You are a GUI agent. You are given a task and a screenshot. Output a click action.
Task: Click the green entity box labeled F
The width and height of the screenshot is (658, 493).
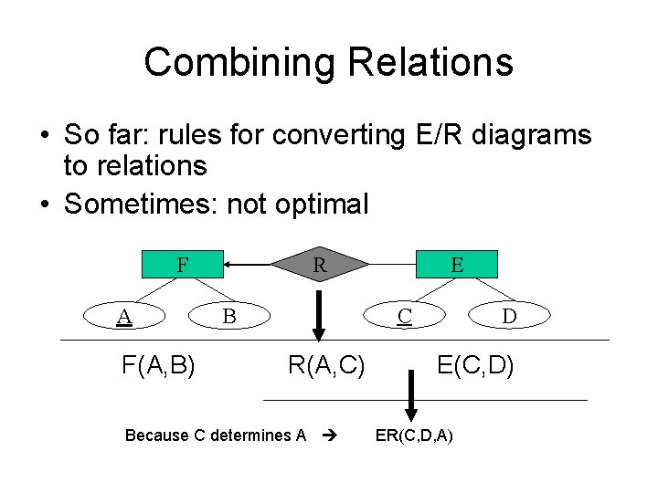click(x=184, y=265)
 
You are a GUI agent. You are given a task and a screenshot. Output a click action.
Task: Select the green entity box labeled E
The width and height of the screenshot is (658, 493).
click(x=457, y=265)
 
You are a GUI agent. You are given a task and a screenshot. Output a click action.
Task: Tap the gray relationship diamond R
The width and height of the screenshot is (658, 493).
click(x=320, y=265)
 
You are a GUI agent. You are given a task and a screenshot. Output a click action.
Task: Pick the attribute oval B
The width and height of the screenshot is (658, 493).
click(x=229, y=316)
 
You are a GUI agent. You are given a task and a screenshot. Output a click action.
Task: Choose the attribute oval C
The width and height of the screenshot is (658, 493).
click(x=404, y=316)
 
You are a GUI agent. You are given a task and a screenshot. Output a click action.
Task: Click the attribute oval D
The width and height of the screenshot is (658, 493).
click(x=509, y=316)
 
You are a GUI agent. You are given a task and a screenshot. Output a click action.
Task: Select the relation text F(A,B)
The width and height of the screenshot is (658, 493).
click(x=158, y=366)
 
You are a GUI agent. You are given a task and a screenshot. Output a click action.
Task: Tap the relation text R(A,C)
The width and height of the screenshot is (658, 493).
click(x=326, y=366)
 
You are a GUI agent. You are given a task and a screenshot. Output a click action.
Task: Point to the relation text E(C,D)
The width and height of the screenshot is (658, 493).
click(x=475, y=366)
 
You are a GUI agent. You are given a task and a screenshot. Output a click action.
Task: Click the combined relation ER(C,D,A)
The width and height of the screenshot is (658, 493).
click(x=413, y=435)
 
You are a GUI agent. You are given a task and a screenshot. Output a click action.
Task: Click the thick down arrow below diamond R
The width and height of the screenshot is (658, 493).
click(x=319, y=314)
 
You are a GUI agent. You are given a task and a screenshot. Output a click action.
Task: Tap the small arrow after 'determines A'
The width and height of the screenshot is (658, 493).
click(x=331, y=435)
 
